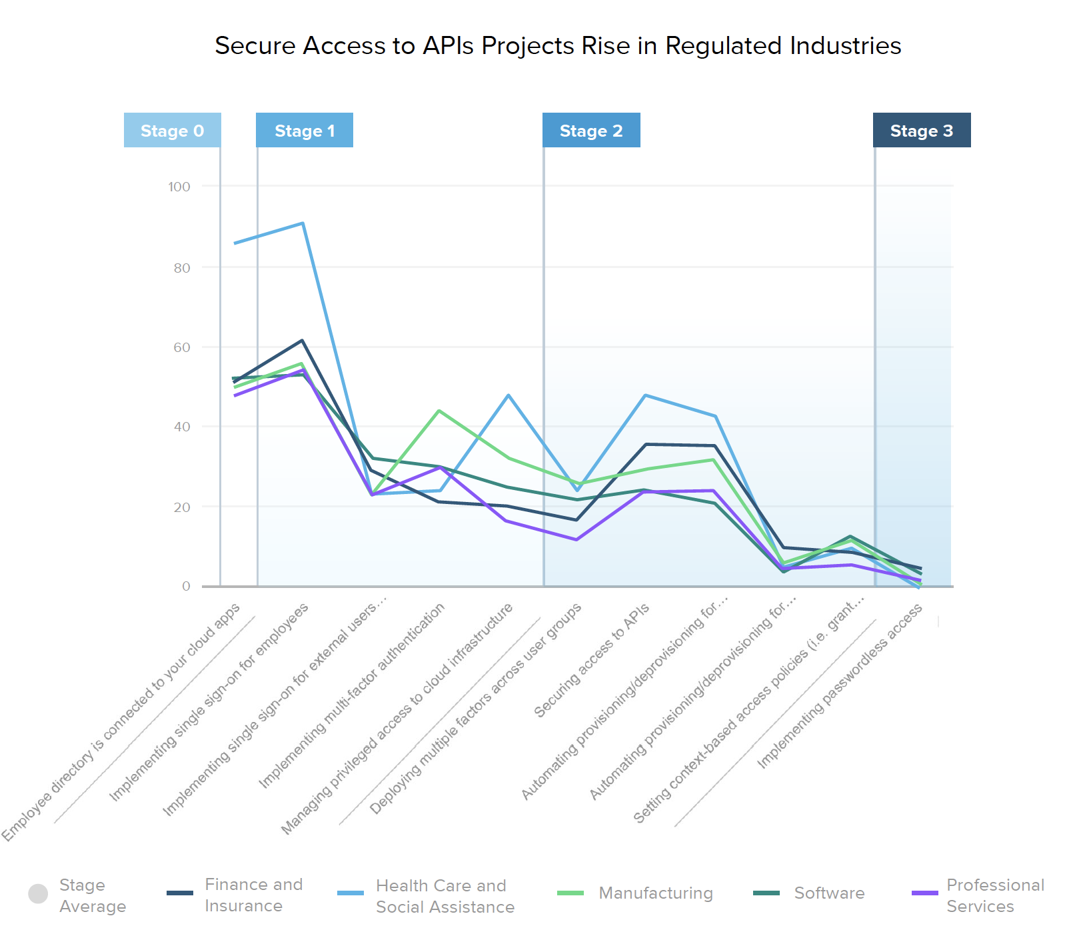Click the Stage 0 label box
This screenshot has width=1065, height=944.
(x=172, y=131)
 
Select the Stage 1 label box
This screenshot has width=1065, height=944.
(x=305, y=131)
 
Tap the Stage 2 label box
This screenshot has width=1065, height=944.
(x=591, y=131)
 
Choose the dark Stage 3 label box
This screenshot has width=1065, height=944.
(x=922, y=131)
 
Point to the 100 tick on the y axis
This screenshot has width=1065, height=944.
(x=179, y=187)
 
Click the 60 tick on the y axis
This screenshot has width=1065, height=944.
(x=182, y=347)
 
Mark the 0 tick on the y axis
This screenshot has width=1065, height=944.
(x=187, y=586)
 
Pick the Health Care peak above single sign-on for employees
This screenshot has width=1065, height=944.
(x=303, y=223)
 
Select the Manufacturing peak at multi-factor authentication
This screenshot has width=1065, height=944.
(x=439, y=411)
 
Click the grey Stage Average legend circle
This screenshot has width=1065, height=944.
(x=38, y=893)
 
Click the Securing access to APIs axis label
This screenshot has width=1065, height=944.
(x=591, y=661)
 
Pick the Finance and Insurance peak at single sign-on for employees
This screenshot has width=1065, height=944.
(x=302, y=341)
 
